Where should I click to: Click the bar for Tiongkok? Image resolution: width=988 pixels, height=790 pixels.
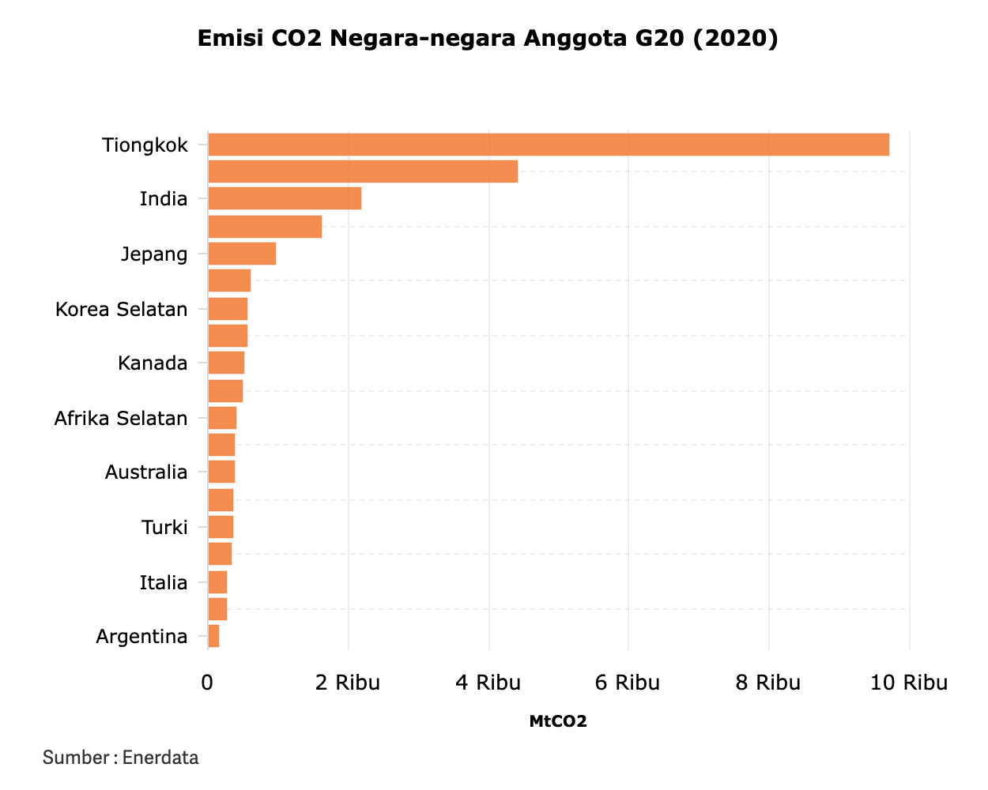548,145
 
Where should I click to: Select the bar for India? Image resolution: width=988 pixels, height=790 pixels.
285,198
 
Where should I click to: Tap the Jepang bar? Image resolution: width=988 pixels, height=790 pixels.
242,254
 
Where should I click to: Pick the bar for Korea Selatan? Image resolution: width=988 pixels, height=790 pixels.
228,309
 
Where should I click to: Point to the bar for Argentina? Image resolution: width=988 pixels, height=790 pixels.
213,636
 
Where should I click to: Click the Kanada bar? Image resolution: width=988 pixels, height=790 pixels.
226,363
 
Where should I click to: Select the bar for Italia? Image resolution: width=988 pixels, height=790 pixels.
217,582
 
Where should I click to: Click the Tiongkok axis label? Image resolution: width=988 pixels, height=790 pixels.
145,145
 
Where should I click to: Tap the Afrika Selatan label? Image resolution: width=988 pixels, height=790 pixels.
121,419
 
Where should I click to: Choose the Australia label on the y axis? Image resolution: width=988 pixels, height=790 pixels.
146,472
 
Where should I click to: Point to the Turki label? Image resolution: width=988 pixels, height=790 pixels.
164,527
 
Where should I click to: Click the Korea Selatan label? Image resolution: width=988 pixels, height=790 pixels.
122,309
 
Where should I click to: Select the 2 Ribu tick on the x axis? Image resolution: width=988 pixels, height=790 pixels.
348,683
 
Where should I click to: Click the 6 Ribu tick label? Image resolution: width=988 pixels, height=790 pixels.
628,683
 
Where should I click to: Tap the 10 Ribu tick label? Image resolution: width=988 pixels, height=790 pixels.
909,683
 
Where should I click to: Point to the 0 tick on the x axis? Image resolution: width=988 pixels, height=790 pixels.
207,683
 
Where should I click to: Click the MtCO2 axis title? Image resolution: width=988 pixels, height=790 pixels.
558,721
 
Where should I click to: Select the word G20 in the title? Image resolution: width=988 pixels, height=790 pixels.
661,38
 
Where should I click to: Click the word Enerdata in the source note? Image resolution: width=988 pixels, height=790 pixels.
160,758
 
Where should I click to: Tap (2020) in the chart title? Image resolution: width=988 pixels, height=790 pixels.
736,38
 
